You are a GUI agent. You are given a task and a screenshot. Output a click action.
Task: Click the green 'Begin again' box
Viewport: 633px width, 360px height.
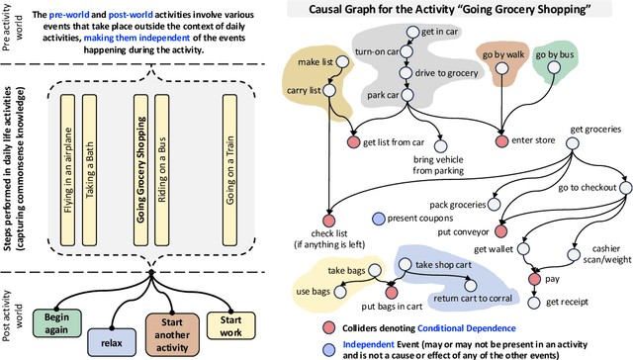coord(57,323)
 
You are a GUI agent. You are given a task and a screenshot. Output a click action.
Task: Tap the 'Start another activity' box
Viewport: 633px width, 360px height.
coord(173,330)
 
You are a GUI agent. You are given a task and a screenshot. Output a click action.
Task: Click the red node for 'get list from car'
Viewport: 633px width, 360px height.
coord(352,142)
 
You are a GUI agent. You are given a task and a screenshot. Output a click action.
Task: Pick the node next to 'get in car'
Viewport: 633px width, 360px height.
coord(412,32)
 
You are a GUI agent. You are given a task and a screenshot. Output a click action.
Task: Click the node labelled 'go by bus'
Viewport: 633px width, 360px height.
coord(554,70)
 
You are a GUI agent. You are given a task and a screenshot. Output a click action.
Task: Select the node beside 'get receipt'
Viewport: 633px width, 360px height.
coord(537,301)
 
